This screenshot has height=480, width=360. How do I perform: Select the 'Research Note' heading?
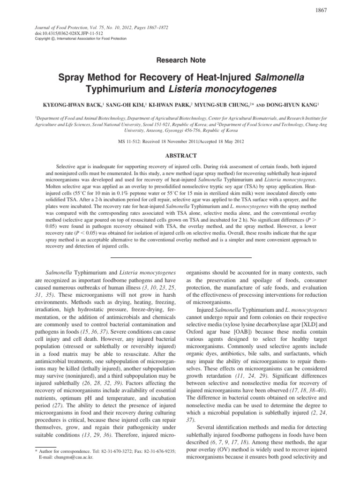180,60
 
